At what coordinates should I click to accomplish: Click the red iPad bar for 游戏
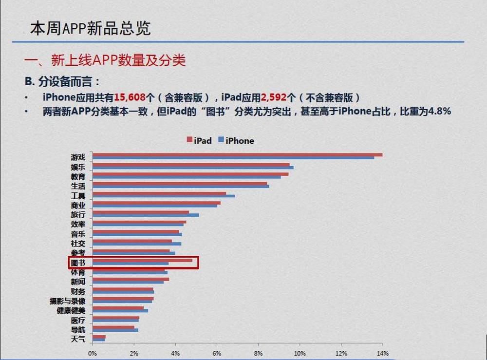pyautogui.click(x=237, y=155)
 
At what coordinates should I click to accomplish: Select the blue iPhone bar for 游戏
pyautogui.click(x=233, y=158)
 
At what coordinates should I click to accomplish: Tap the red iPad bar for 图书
pyautogui.click(x=142, y=260)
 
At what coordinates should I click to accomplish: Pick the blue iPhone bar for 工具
pyautogui.click(x=164, y=196)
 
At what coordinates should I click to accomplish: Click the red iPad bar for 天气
pyautogui.click(x=99, y=336)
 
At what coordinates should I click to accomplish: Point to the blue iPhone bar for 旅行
pyautogui.click(x=146, y=215)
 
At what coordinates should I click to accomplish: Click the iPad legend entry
pyautogui.click(x=199, y=141)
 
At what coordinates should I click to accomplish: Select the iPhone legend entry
pyautogui.click(x=236, y=141)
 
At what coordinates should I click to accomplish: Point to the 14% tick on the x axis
pyautogui.click(x=382, y=353)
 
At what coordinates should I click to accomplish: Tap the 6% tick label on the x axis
pyautogui.click(x=216, y=353)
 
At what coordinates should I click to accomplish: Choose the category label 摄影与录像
pyautogui.click(x=67, y=301)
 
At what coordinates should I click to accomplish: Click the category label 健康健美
pyautogui.click(x=71, y=310)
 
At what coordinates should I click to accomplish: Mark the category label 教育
pyautogui.click(x=78, y=176)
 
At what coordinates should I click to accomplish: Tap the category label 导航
pyautogui.click(x=78, y=329)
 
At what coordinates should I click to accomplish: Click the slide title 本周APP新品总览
pyautogui.click(x=90, y=28)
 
